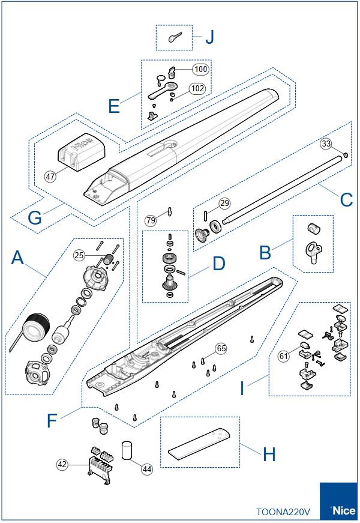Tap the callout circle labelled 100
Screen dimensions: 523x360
pyautogui.click(x=200, y=69)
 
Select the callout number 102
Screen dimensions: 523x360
pyautogui.click(x=197, y=88)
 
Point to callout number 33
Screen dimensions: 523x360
pyautogui.click(x=326, y=144)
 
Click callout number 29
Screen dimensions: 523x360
pyautogui.click(x=224, y=204)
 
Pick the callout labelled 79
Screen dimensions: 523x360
pyautogui.click(x=151, y=220)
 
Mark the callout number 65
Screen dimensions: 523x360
pyautogui.click(x=221, y=348)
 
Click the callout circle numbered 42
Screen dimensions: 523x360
pyautogui.click(x=62, y=464)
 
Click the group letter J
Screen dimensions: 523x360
pyautogui.click(x=209, y=37)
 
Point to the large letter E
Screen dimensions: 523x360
pyautogui.click(x=114, y=106)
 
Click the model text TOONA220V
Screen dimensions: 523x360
pyautogui.click(x=283, y=512)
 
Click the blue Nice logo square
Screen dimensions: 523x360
pyautogui.click(x=339, y=502)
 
